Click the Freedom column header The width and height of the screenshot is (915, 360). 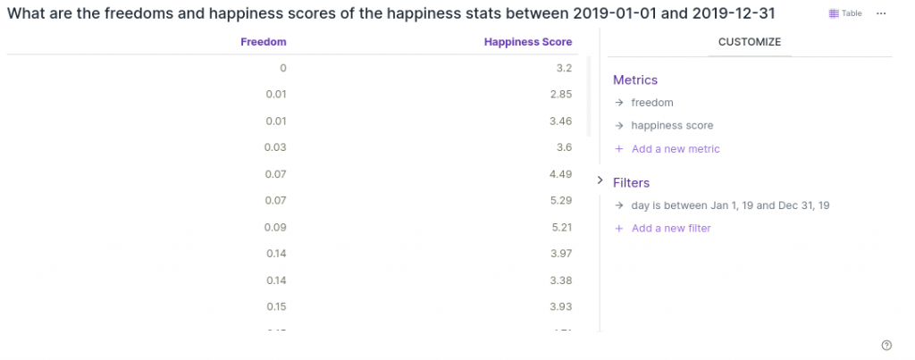pos(264,42)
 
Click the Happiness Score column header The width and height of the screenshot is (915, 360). pos(527,42)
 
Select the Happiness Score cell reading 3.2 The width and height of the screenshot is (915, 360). pos(563,68)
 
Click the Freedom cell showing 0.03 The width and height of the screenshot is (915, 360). pos(275,147)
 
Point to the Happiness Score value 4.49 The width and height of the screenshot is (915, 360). pos(560,174)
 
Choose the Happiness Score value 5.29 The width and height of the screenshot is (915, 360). pos(560,200)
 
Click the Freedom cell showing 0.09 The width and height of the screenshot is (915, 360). pos(275,227)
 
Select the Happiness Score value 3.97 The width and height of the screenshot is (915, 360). pos(560,254)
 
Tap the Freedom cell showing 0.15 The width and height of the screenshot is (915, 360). pos(275,306)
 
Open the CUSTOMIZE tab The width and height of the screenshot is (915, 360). pos(750,42)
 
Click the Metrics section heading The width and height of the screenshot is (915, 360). pos(635,80)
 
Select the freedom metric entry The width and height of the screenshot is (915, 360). pos(652,103)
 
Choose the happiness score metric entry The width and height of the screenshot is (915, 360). pos(672,126)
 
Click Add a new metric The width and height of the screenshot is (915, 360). pos(675,149)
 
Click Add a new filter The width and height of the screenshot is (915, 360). pos(670,229)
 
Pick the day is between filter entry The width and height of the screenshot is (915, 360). pos(730,205)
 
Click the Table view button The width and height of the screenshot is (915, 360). pos(845,13)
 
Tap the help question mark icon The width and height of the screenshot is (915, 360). pos(886,346)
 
